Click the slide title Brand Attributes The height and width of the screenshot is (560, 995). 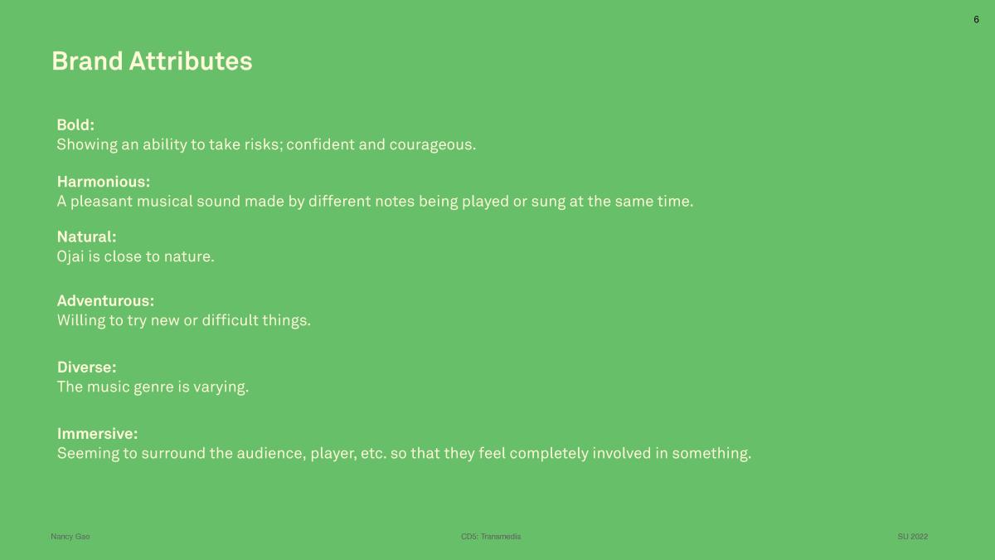[x=152, y=61]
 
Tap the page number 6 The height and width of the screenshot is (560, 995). [x=976, y=20]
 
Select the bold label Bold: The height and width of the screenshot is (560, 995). [x=75, y=125]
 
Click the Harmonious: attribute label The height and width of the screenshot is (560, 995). [x=104, y=182]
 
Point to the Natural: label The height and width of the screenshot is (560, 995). [x=86, y=237]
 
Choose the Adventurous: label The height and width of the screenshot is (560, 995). [x=106, y=301]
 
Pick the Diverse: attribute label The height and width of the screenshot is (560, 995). [x=86, y=367]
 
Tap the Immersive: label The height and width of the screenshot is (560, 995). [x=97, y=434]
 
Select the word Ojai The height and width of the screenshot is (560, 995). [x=70, y=257]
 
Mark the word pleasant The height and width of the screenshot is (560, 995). [x=101, y=202]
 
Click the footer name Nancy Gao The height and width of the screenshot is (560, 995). [x=70, y=537]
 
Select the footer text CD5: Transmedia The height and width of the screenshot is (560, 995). [x=491, y=537]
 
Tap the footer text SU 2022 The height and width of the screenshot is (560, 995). [x=912, y=537]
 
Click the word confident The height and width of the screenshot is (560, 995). [x=320, y=144]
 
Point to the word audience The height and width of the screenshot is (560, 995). [x=271, y=453]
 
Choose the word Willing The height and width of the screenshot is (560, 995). [x=81, y=321]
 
